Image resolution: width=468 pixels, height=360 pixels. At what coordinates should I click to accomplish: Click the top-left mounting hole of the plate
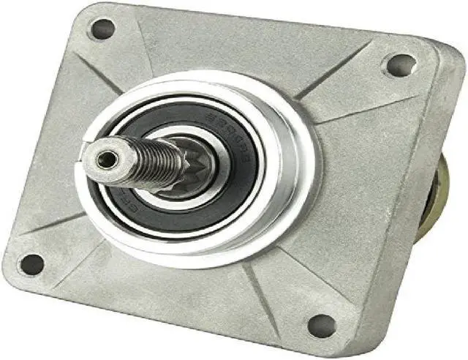pyautogui.click(x=102, y=29)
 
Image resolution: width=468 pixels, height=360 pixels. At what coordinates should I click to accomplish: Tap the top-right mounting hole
pyautogui.click(x=400, y=65)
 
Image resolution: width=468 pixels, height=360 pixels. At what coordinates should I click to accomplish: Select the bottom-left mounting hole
pyautogui.click(x=31, y=264)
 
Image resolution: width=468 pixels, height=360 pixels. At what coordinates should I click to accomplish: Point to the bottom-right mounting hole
pyautogui.click(x=322, y=326)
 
